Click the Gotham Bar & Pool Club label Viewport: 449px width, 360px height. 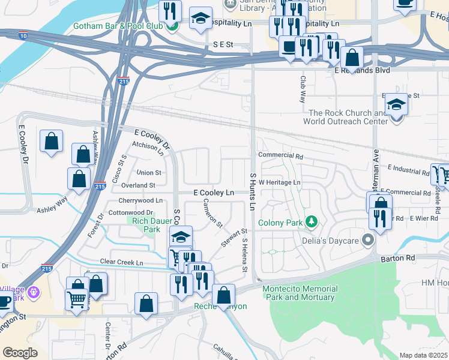click(118, 26)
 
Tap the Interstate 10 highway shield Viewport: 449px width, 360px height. click(23, 36)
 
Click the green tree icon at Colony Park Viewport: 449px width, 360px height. click(311, 223)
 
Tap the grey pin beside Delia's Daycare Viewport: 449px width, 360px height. click(369, 241)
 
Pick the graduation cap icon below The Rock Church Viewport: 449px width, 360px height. click(396, 106)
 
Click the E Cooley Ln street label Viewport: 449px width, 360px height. click(213, 193)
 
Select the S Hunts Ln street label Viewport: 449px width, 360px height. click(253, 191)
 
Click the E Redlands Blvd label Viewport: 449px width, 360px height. click(362, 70)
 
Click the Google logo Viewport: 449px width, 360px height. click(20, 353)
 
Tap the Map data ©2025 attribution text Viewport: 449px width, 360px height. click(424, 355)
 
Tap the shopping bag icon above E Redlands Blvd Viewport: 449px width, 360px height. click(352, 59)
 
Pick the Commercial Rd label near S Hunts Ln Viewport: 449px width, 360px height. click(281, 155)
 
